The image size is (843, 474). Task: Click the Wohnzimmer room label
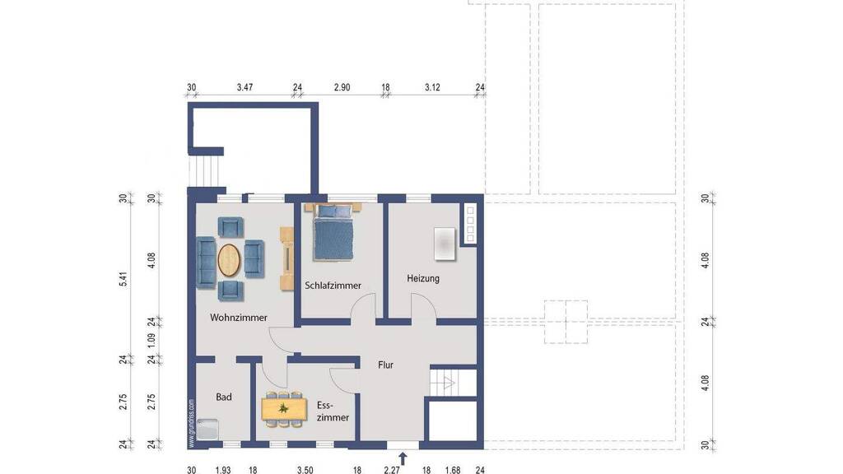pyautogui.click(x=238, y=318)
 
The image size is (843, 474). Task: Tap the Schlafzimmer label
pyautogui.click(x=333, y=286)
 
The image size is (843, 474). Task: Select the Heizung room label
pyautogui.click(x=423, y=278)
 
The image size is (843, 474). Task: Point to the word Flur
pyautogui.click(x=385, y=365)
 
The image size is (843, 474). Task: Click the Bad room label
pyautogui.click(x=224, y=397)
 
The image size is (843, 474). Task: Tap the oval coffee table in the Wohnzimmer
pyautogui.click(x=229, y=261)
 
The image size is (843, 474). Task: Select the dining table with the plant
pyautogui.click(x=284, y=409)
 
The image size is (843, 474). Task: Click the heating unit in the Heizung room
pyautogui.click(x=445, y=244)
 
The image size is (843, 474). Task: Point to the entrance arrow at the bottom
pyautogui.click(x=403, y=458)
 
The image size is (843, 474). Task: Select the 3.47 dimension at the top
pyautogui.click(x=245, y=87)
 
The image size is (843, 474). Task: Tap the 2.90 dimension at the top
pyautogui.click(x=342, y=87)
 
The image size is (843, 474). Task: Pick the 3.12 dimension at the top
pyautogui.click(x=432, y=87)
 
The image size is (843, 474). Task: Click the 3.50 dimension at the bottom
pyautogui.click(x=305, y=470)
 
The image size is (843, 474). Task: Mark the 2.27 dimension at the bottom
pyautogui.click(x=392, y=470)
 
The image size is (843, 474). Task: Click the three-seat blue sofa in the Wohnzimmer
pyautogui.click(x=207, y=263)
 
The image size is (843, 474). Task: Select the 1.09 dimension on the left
pyautogui.click(x=151, y=340)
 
